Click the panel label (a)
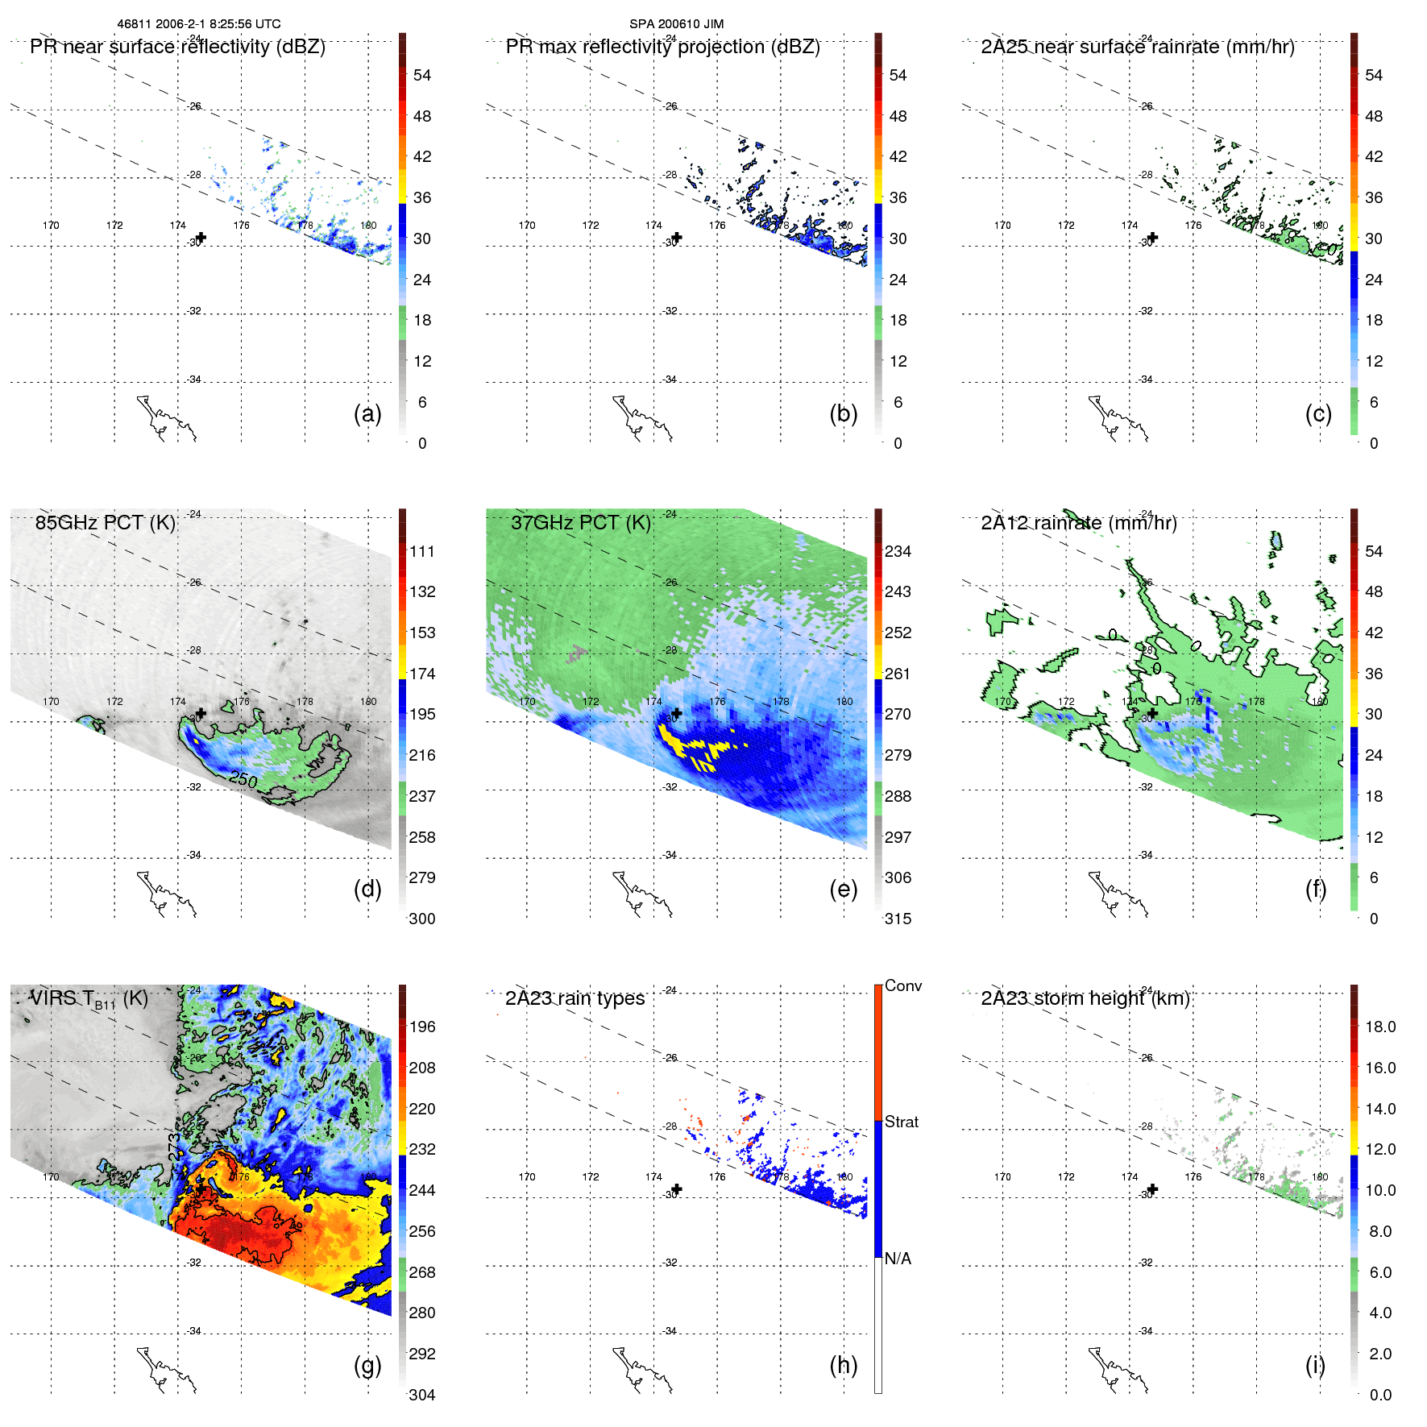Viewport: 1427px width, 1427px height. point(367,414)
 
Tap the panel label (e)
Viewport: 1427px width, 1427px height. point(843,890)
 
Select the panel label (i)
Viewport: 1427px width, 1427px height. point(1315,1365)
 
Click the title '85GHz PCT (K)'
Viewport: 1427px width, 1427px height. point(105,522)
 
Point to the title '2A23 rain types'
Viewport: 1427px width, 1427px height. point(575,998)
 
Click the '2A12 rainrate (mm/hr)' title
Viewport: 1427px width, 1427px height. point(1078,522)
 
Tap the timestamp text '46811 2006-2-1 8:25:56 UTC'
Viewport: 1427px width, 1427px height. point(199,24)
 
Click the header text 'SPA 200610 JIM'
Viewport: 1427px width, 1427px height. point(676,24)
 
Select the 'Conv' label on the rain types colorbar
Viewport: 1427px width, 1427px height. point(902,985)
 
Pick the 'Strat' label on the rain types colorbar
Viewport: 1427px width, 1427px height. point(901,1122)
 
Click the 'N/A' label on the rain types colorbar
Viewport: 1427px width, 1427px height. point(898,1258)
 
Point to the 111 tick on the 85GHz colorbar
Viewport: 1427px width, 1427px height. point(421,551)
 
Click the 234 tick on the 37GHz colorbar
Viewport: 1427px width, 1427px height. point(898,551)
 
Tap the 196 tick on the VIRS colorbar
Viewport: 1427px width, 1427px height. point(421,1027)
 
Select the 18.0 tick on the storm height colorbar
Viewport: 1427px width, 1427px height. point(1379,1027)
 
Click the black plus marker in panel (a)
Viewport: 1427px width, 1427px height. point(201,238)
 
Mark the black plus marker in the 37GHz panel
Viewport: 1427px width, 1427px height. point(677,713)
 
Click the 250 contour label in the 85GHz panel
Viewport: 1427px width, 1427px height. point(243,779)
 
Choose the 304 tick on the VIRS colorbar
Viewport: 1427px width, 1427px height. point(421,1395)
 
